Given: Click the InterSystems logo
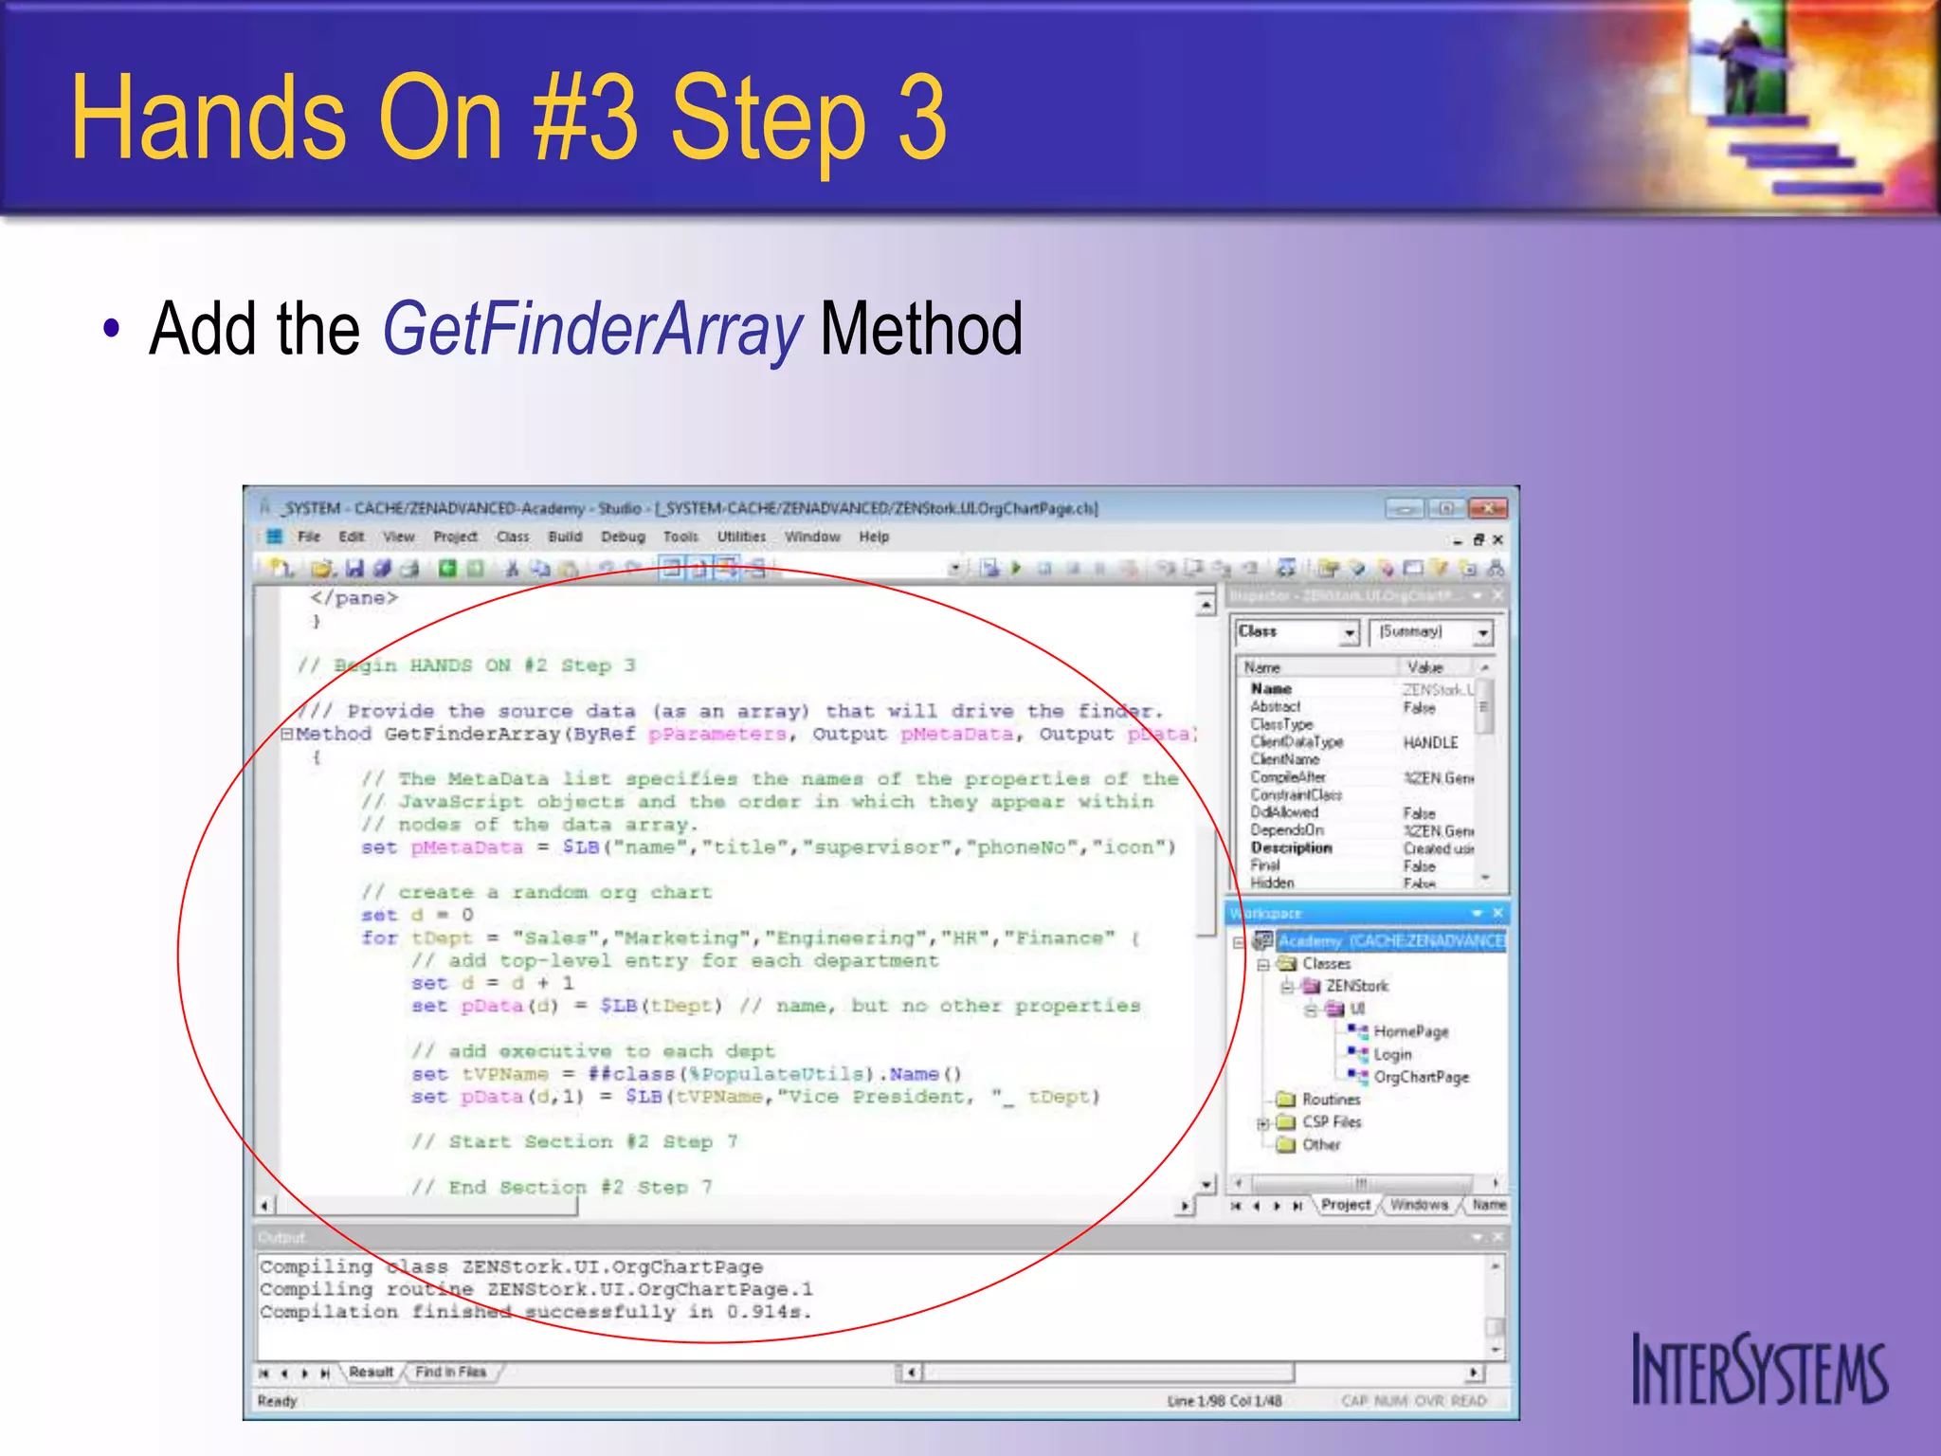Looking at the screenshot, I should (1759, 1370).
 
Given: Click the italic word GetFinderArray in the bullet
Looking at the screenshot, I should (592, 329).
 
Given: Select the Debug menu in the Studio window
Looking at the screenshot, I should (623, 537).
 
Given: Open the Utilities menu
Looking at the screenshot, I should (741, 537).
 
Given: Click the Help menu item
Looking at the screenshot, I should (874, 537).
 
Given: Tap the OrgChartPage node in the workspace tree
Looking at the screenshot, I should (1421, 1077).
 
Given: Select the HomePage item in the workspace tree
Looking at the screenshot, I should (1410, 1031).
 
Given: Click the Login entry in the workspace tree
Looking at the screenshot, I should (1392, 1054).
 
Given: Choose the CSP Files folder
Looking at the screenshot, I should (1331, 1122).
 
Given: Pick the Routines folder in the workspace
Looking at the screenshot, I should (1331, 1100).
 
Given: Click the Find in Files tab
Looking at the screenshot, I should (450, 1372).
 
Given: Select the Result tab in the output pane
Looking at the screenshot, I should (371, 1372).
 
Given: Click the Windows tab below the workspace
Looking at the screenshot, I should (1419, 1205).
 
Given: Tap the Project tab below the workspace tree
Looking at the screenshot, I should (1346, 1205).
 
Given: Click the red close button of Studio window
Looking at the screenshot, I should (1487, 509).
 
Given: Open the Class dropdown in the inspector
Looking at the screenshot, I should (1350, 632).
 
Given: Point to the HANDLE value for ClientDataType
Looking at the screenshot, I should (1430, 742).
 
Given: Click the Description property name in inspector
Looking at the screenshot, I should (1291, 847).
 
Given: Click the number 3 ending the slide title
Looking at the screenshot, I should (921, 118).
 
